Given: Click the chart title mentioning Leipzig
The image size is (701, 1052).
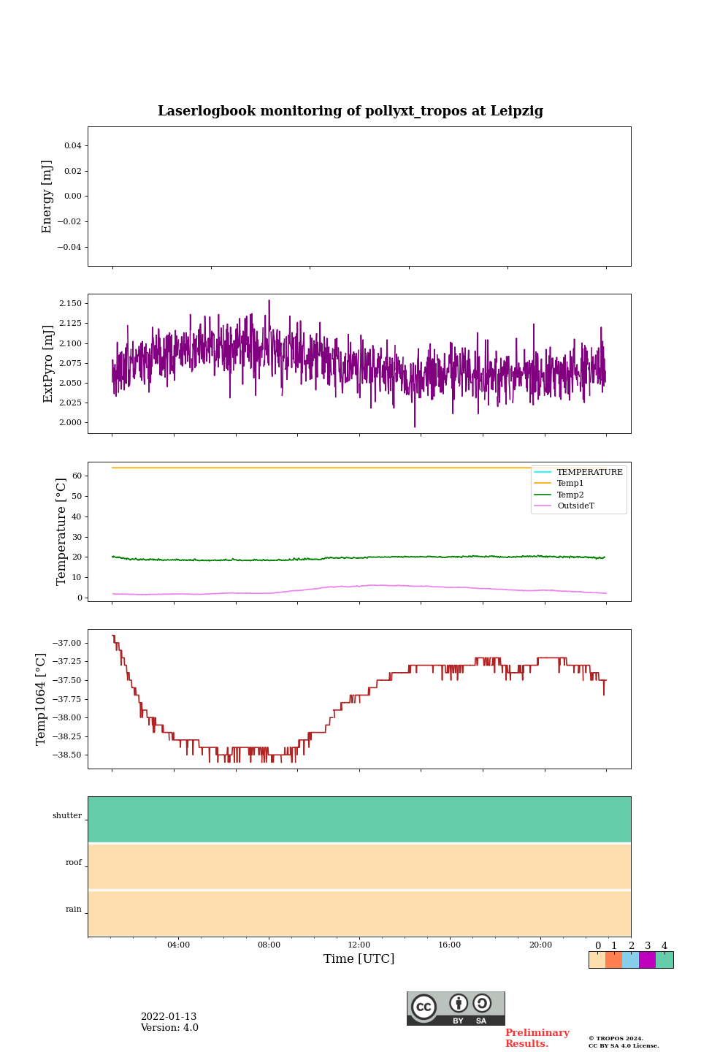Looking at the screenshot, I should point(350,111).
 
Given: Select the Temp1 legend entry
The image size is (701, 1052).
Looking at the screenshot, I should point(570,484).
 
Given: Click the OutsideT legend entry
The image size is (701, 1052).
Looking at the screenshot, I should point(575,506).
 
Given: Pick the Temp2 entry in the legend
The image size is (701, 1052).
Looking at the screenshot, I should point(570,495).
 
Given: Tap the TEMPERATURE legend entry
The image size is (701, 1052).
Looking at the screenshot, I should point(589,473).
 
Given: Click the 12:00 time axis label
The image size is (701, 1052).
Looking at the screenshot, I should point(359,945).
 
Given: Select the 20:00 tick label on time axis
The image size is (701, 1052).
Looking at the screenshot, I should point(540,945).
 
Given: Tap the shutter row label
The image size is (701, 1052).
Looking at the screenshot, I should point(67,816).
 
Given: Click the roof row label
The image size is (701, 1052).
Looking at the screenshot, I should point(74,863).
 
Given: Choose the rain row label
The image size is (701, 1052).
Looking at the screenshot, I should point(74,910).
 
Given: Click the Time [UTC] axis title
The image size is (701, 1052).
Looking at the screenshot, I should point(359,958).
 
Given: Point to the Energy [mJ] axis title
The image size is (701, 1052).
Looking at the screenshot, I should point(47,197).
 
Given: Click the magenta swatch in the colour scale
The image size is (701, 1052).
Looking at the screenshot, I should point(647,960).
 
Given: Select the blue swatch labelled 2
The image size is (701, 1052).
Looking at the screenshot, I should point(630,960).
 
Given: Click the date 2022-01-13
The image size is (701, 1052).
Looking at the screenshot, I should point(169,1017).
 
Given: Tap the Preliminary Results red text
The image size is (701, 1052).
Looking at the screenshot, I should point(537,1038).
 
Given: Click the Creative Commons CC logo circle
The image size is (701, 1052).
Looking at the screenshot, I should point(424,1007).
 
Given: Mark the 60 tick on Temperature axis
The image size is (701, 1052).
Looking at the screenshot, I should point(77,476).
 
